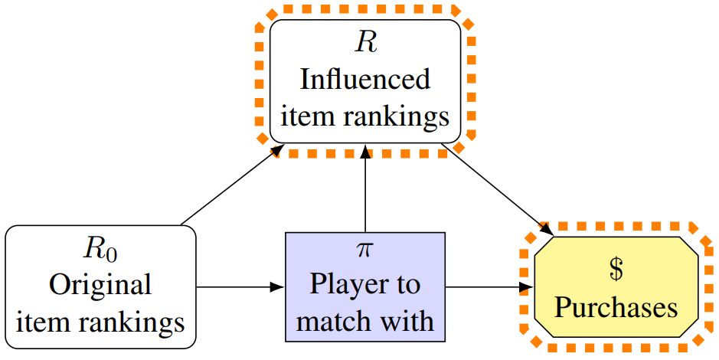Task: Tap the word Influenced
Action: [365, 79]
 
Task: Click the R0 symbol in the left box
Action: [101, 249]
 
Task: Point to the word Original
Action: [100, 285]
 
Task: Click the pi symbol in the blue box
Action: [365, 250]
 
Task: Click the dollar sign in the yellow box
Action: [616, 270]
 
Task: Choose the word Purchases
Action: [616, 307]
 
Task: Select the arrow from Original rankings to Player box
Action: [240, 288]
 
